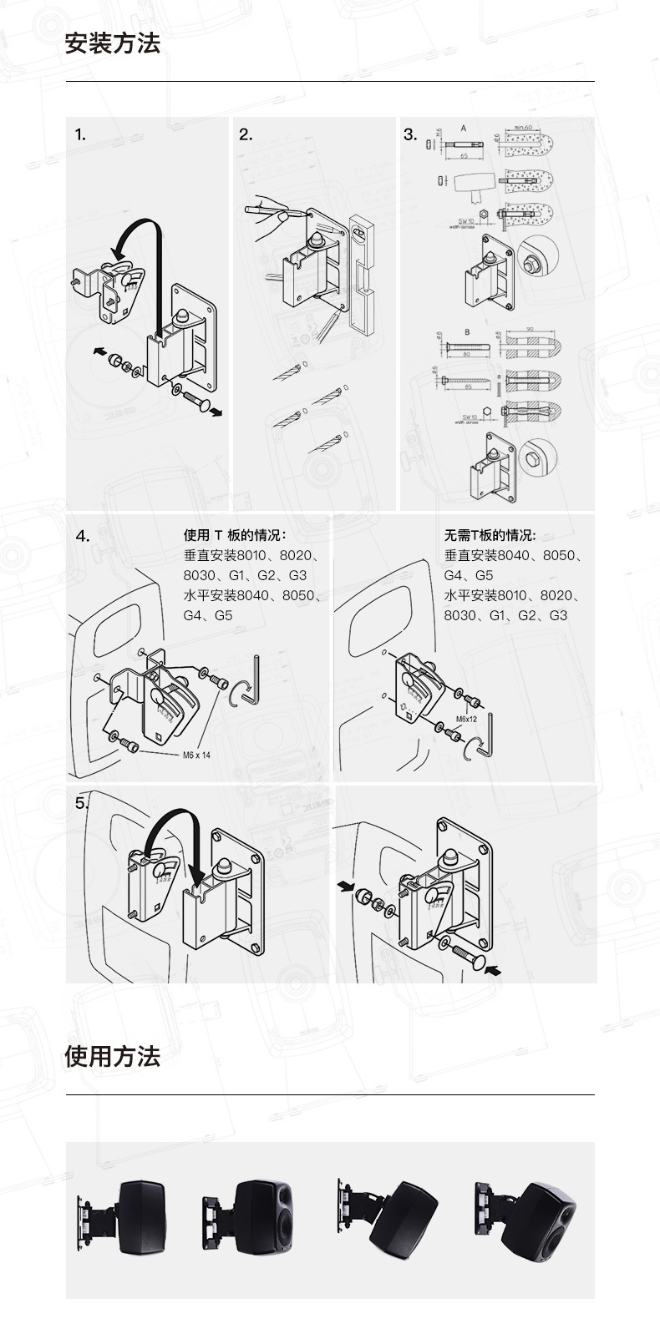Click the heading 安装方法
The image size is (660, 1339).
tap(112, 43)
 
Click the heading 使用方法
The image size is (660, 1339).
tap(112, 1056)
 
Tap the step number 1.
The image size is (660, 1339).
tap(80, 134)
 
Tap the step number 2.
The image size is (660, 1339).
tap(246, 134)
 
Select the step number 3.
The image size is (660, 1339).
tap(410, 134)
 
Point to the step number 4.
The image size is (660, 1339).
tap(82, 537)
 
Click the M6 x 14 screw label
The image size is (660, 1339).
tap(196, 755)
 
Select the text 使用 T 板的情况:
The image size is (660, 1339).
tap(235, 535)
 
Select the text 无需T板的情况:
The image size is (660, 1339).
tap(490, 535)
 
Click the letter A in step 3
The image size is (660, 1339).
tap(463, 129)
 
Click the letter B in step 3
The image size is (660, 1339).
tap(467, 332)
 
